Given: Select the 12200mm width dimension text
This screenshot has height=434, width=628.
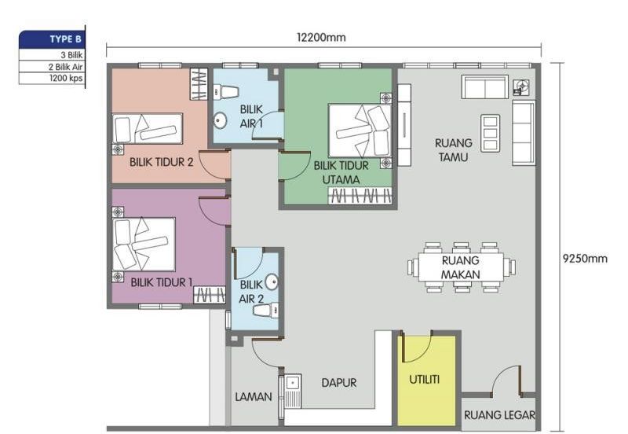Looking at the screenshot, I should (321, 37).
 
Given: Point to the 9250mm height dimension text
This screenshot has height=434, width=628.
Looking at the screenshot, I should (585, 259).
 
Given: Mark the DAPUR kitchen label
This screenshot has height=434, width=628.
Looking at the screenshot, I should (339, 383).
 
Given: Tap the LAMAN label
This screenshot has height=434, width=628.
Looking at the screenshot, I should (254, 397).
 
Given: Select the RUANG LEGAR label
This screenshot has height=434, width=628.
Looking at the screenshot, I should (499, 415).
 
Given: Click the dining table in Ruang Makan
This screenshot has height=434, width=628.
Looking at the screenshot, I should (461, 267).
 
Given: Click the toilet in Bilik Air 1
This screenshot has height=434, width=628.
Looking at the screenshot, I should (228, 92).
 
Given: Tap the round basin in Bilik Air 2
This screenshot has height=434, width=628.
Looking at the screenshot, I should (272, 282).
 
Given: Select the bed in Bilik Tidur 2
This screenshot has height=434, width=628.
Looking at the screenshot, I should (148, 127).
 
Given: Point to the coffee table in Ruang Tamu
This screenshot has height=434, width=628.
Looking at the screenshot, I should (490, 132).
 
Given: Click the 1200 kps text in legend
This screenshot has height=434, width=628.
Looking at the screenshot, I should (67, 77).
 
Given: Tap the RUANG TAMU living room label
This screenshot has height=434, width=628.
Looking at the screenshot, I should (454, 150).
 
